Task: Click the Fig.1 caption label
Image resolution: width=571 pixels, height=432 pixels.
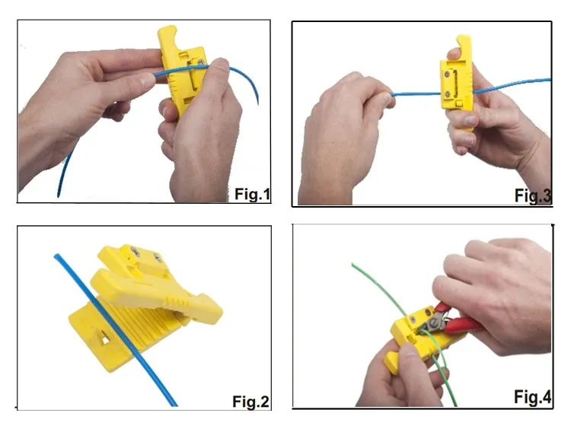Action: tap(250, 195)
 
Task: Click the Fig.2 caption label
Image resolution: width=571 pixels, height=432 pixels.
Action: tap(251, 401)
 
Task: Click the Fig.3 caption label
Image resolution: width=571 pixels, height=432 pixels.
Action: tap(532, 195)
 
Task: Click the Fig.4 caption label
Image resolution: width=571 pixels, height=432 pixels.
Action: tap(531, 396)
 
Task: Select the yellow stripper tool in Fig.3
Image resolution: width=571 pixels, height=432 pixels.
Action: tap(453, 84)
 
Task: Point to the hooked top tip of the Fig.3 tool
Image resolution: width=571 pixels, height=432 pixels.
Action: tap(459, 40)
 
